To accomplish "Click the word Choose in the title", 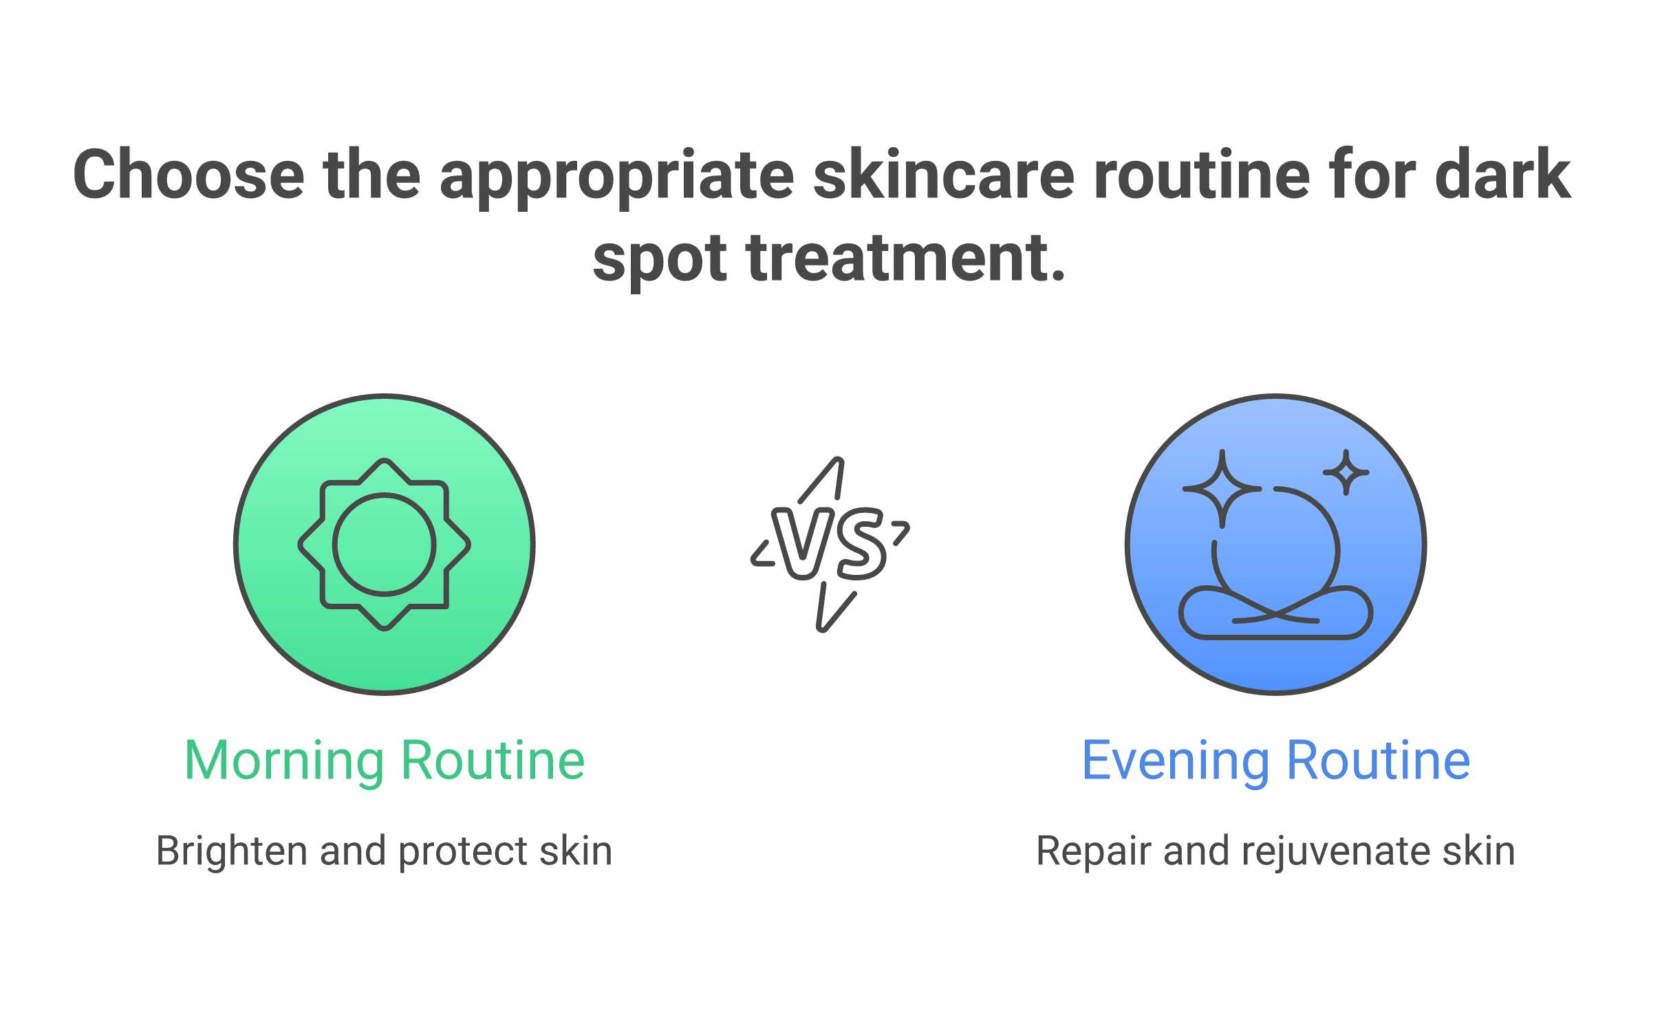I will pyautogui.click(x=188, y=176).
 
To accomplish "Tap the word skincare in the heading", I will pyautogui.click(x=943, y=176).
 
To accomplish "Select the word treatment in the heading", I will pyautogui.click(x=906, y=259).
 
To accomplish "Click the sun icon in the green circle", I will pyautogui.click(x=385, y=545).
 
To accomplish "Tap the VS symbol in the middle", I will pyautogui.click(x=830, y=543).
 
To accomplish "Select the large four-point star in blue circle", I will pyautogui.click(x=1222, y=489).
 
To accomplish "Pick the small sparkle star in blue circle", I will pyautogui.click(x=1346, y=472).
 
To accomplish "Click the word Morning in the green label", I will pyautogui.click(x=284, y=761).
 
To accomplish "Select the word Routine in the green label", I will pyautogui.click(x=493, y=761).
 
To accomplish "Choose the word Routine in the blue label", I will pyautogui.click(x=1378, y=761).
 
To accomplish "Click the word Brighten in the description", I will pyautogui.click(x=232, y=851).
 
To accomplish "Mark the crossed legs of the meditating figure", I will pyautogui.click(x=1275, y=613).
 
